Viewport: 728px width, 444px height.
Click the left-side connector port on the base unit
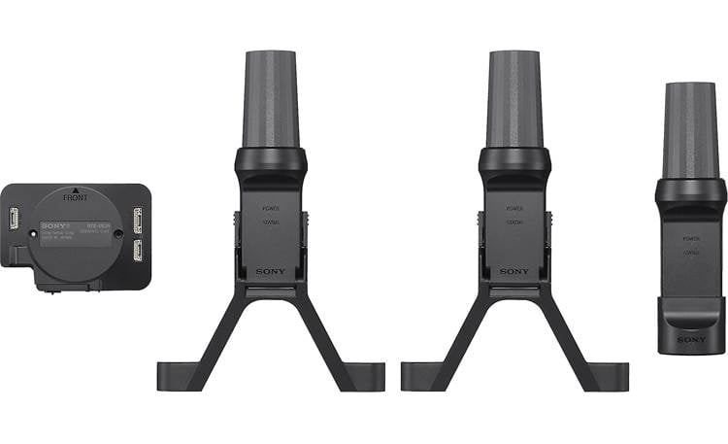click(x=15, y=220)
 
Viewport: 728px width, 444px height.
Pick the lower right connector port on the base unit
click(x=137, y=251)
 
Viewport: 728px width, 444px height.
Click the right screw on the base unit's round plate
click(x=118, y=233)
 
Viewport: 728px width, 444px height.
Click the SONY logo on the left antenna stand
click(x=271, y=271)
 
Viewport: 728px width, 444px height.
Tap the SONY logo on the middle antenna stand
click(x=514, y=271)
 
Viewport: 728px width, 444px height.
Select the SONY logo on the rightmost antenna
click(x=691, y=339)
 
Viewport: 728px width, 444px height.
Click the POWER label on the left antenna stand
click(x=271, y=208)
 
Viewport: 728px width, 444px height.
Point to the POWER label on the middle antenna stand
click(x=514, y=208)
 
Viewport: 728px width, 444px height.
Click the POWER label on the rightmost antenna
click(x=691, y=238)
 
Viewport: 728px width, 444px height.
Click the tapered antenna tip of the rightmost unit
click(x=691, y=126)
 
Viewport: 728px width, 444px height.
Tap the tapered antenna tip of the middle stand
click(x=514, y=97)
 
